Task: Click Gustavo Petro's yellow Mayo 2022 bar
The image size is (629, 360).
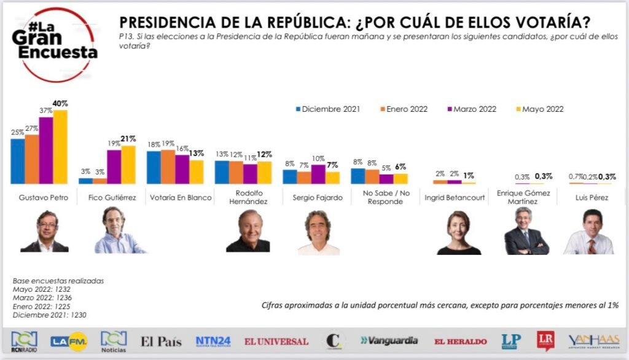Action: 60,147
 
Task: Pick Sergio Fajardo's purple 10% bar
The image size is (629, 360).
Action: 318,174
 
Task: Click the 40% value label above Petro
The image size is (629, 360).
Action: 60,104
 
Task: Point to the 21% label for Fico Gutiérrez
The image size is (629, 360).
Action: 128,139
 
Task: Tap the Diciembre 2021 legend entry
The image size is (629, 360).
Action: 328,109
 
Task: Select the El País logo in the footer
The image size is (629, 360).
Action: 161,342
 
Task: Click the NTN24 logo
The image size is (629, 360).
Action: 213,341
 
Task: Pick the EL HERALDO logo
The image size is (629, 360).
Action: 460,342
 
